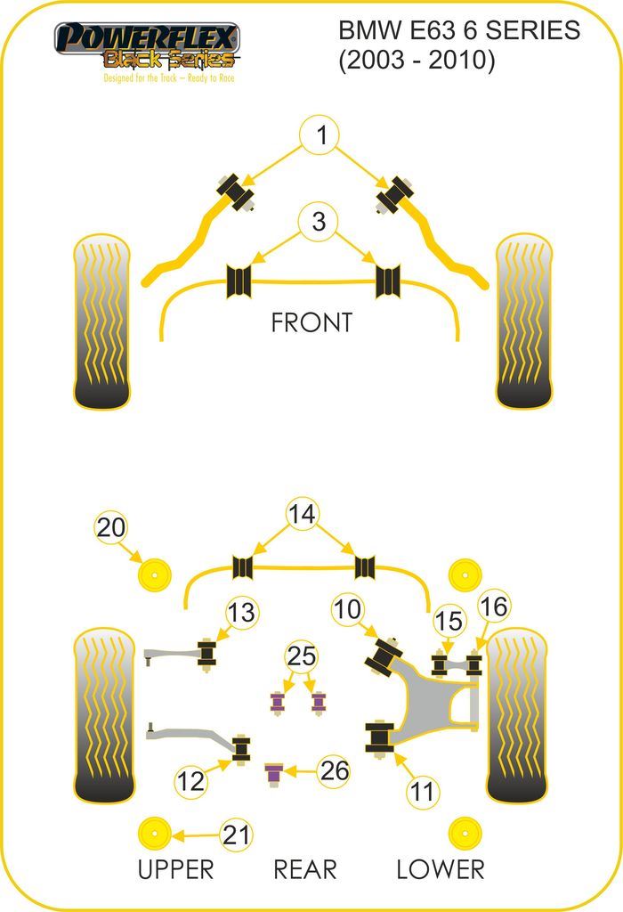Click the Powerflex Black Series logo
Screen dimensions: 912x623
[x=147, y=48]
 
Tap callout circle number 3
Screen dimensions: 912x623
[x=320, y=221]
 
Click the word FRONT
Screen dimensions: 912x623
[x=311, y=322]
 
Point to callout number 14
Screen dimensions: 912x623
[x=303, y=514]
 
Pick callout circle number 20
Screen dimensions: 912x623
[x=111, y=528]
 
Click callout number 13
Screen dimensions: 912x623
[x=240, y=613]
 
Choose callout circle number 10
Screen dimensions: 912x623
[x=349, y=611]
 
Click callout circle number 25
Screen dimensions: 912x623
[x=301, y=657]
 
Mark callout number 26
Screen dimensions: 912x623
[x=335, y=770]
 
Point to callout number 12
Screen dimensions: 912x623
[x=190, y=782]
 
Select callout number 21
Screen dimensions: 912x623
[x=236, y=835]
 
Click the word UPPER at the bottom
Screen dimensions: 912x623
[x=175, y=869]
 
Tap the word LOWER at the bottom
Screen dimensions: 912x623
[x=440, y=869]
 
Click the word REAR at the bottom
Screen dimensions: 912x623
[x=305, y=869]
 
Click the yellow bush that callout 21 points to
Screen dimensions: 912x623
[x=155, y=834]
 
